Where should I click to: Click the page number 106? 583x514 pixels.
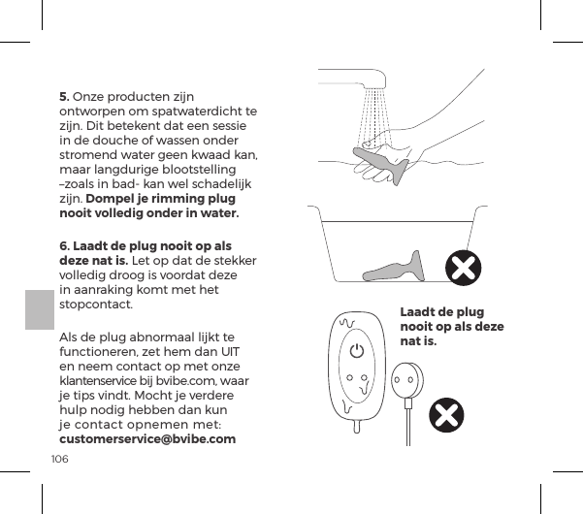pos(59,457)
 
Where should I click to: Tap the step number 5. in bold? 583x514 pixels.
pos(65,97)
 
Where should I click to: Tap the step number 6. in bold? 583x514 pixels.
pos(65,245)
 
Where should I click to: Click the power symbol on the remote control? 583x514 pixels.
pos(358,351)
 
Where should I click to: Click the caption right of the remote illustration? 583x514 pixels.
pos(451,327)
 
